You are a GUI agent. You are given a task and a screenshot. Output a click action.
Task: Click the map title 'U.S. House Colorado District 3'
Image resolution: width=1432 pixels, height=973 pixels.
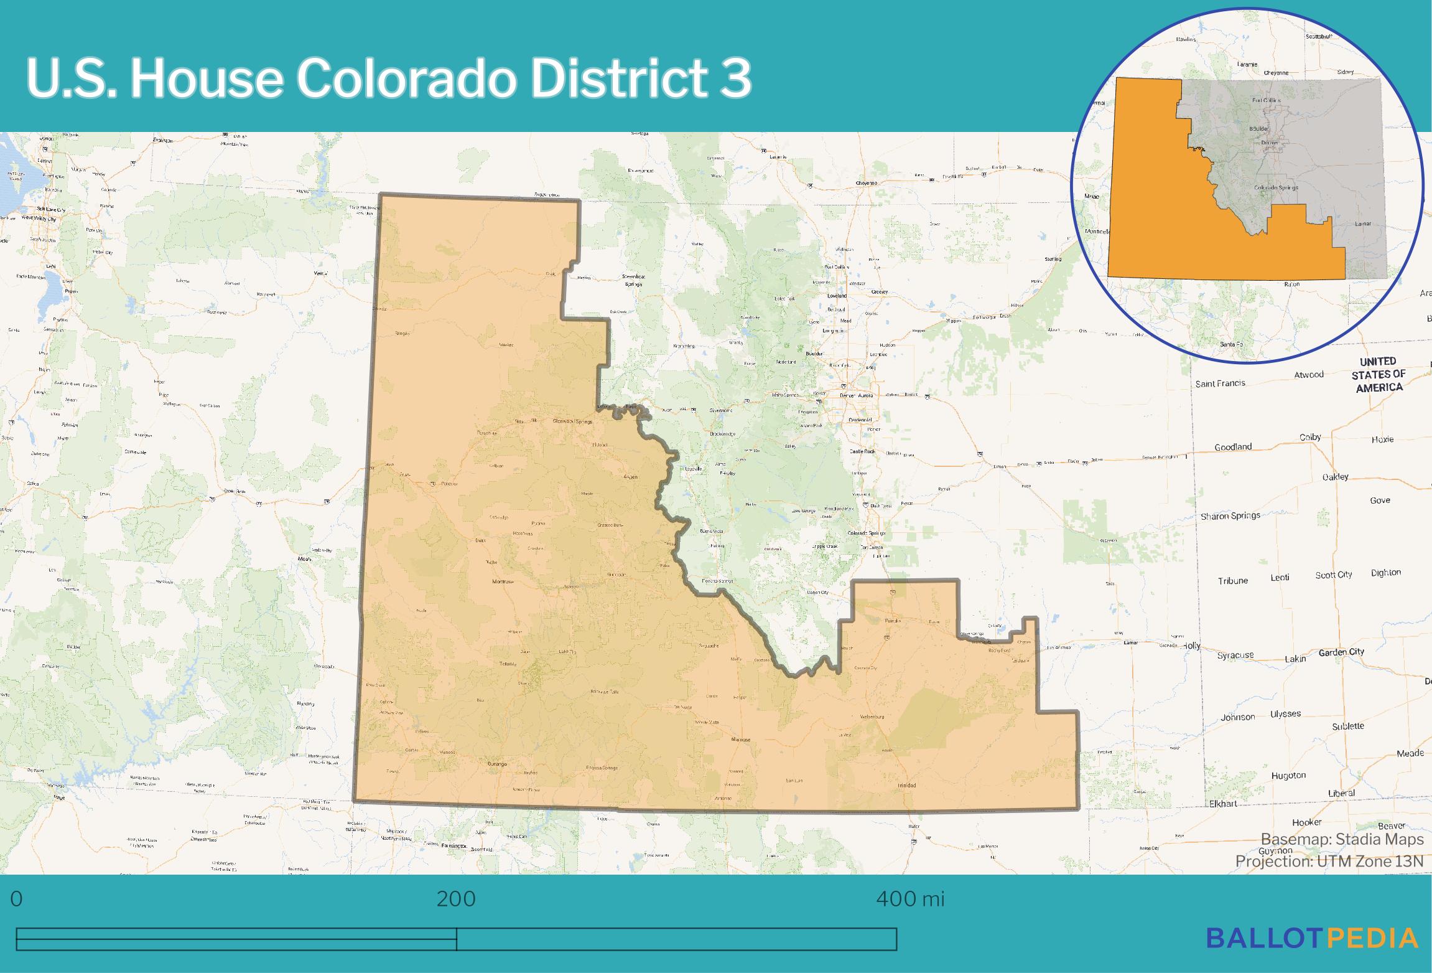pos(389,80)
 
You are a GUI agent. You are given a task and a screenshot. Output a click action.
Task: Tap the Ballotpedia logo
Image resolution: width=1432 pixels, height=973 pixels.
pos(1312,938)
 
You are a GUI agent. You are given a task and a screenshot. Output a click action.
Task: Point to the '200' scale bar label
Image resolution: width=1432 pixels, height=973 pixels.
pos(456,899)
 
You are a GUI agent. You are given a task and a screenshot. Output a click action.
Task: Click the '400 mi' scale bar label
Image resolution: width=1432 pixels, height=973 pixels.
pos(910,899)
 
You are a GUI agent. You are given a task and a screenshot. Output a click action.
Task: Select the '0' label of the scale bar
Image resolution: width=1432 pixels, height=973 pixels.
pos(17,899)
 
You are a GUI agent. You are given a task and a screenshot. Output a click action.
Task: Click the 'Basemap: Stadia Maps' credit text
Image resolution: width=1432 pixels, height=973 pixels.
pos(1342,839)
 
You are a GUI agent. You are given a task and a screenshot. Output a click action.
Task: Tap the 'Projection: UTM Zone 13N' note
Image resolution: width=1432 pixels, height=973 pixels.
pos(1329,861)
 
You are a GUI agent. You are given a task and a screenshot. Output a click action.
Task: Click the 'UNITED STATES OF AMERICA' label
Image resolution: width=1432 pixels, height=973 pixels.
pos(1379,374)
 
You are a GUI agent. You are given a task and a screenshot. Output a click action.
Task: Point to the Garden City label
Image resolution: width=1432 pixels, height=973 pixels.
pos(1341,652)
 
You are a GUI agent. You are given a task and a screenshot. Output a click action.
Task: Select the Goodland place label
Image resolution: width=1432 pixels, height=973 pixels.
pos(1233,447)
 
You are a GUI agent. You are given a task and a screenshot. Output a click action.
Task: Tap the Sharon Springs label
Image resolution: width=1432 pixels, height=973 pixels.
pos(1230,515)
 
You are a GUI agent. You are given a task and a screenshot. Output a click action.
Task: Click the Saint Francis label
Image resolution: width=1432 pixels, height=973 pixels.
pos(1220,383)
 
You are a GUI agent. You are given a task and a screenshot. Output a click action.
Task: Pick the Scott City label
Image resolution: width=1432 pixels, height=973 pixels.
pos(1333,575)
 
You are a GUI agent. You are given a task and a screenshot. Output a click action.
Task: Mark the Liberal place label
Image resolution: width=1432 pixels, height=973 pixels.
pos(1341,793)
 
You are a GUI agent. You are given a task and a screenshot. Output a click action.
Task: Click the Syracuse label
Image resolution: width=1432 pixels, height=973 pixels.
pos(1235,655)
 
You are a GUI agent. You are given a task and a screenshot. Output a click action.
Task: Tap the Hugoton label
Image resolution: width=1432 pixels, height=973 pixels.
pos(1288,775)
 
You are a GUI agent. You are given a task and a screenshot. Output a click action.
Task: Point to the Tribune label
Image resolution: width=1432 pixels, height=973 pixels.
pos(1233,581)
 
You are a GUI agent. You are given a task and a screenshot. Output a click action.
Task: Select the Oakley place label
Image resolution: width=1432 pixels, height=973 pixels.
pos(1335,477)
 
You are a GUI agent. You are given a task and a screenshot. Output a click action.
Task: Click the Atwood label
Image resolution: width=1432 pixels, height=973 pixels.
pos(1309,375)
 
